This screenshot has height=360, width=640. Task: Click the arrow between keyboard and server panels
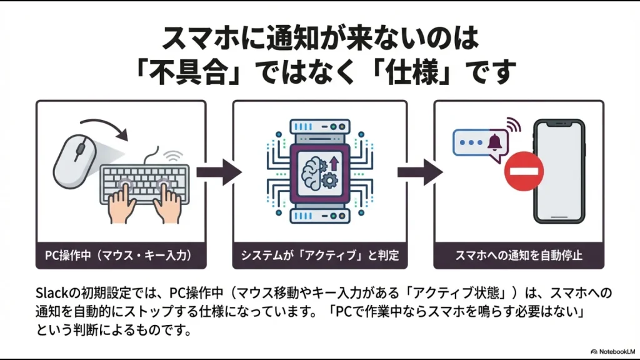pos(219,171)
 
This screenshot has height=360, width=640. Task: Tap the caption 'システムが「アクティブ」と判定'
pos(319,255)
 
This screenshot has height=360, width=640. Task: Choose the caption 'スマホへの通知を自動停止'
pos(519,255)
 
